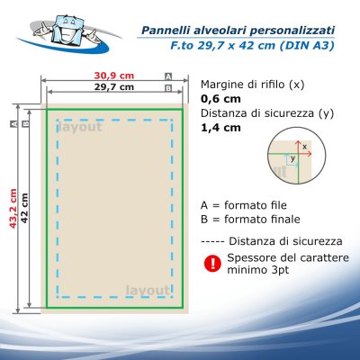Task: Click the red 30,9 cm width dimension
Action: click(114, 76)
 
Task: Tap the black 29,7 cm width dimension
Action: click(114, 87)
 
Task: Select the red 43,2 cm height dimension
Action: click(13, 208)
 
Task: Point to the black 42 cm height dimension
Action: click(24, 209)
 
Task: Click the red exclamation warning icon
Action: click(212, 264)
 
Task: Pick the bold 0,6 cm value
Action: click(220, 99)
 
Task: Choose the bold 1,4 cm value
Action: click(220, 128)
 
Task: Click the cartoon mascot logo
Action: click(69, 32)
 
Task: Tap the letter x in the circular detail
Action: click(304, 147)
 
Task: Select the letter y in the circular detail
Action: click(292, 158)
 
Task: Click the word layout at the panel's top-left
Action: click(79, 127)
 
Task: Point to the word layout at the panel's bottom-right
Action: click(148, 291)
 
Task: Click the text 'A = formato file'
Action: click(244, 205)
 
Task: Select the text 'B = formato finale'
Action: click(250, 219)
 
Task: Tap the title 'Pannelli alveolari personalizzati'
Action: click(238, 31)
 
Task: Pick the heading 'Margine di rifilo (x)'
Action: click(253, 85)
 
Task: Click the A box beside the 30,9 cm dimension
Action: click(168, 76)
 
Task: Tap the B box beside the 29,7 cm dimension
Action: click(168, 88)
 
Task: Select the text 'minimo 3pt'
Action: click(258, 270)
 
